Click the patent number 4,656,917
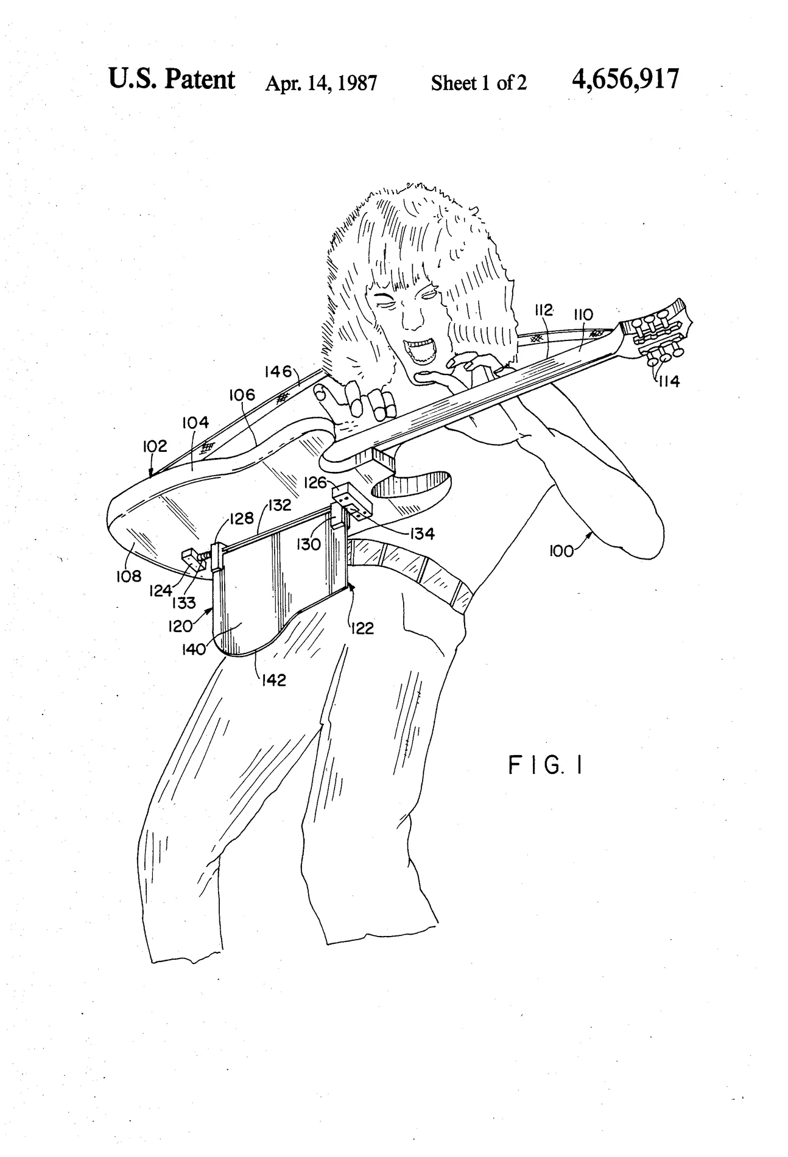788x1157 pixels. (625, 79)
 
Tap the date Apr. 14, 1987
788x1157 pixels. (321, 83)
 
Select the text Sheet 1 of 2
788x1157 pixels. (479, 82)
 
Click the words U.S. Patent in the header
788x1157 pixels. (171, 79)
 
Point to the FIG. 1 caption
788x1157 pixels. (545, 765)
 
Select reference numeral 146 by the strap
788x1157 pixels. (278, 371)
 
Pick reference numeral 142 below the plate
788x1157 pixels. (273, 680)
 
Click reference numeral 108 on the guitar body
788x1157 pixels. (128, 575)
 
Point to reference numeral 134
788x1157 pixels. (421, 534)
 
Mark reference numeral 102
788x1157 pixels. (155, 446)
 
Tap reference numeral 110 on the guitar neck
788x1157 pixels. (583, 315)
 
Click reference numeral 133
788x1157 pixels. (183, 603)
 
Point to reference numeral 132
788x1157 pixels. (279, 505)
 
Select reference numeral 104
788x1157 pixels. (195, 422)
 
